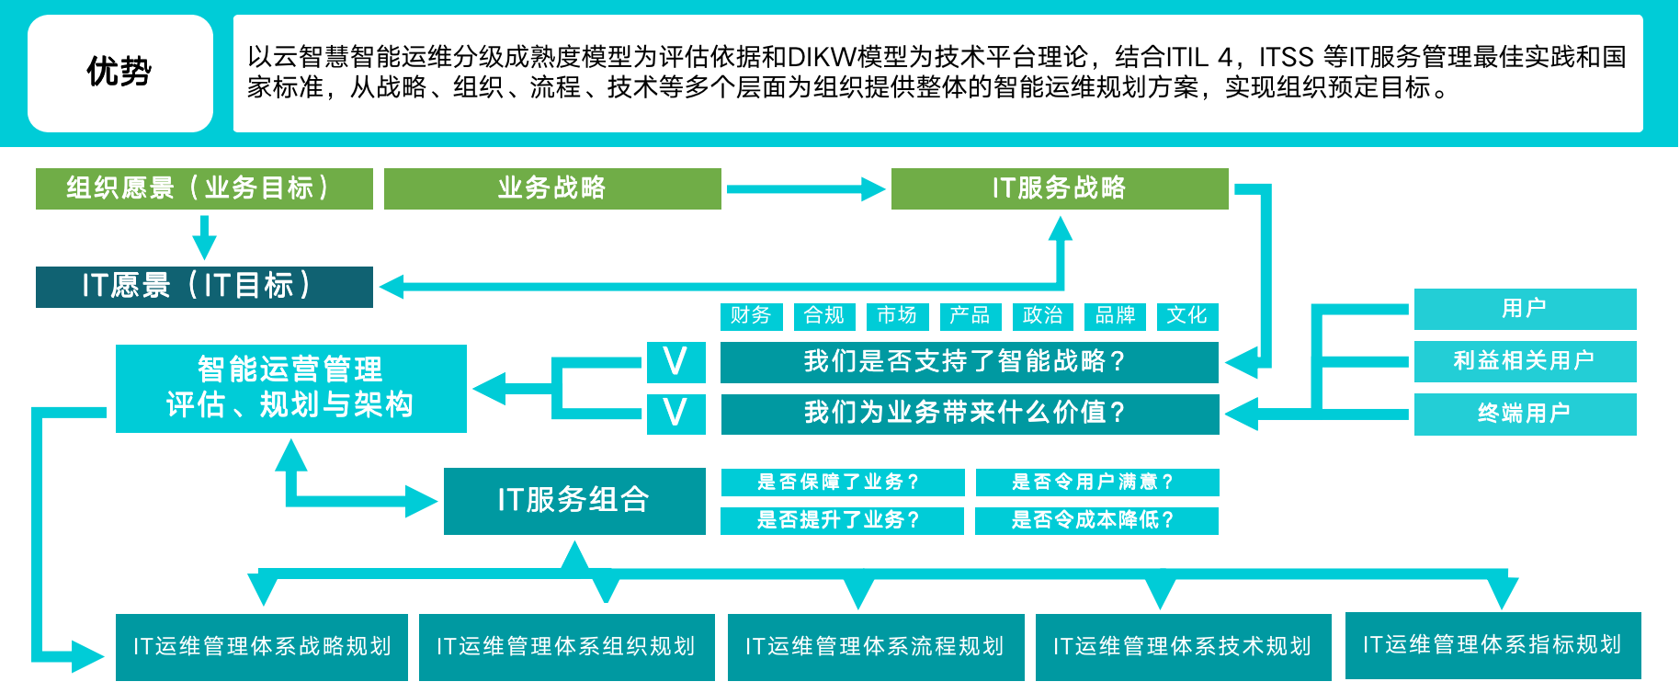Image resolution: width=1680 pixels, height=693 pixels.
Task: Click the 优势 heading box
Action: [119, 73]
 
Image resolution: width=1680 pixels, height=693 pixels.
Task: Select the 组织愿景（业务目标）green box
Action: [203, 188]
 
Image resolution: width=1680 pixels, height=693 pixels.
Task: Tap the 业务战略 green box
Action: [552, 188]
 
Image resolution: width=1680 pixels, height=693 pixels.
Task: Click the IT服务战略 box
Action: [1059, 188]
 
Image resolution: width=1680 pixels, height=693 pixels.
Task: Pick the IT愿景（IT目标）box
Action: [203, 287]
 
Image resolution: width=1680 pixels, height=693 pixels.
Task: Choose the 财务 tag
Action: [750, 315]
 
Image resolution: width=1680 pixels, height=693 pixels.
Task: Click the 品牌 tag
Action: [1115, 315]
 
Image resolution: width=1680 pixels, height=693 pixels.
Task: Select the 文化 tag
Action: [1186, 315]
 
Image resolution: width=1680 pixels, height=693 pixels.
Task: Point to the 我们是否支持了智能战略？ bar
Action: [969, 361]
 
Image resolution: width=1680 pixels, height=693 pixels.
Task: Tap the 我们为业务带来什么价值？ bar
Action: [969, 413]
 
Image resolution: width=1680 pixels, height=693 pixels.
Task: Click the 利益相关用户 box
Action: [1524, 360]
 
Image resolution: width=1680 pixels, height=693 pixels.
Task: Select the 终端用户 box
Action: [1524, 414]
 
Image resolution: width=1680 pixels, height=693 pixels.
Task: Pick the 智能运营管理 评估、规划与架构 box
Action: [290, 387]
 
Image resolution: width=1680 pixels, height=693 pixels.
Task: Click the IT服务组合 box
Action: [573, 500]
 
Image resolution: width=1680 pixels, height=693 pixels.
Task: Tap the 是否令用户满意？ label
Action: [1095, 482]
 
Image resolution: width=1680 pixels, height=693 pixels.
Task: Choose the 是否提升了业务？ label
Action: [841, 520]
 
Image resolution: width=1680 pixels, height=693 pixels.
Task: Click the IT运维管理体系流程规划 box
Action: [875, 646]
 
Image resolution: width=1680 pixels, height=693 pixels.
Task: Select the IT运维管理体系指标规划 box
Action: [1492, 644]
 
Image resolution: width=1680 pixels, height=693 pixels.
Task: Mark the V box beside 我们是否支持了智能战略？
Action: [675, 361]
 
